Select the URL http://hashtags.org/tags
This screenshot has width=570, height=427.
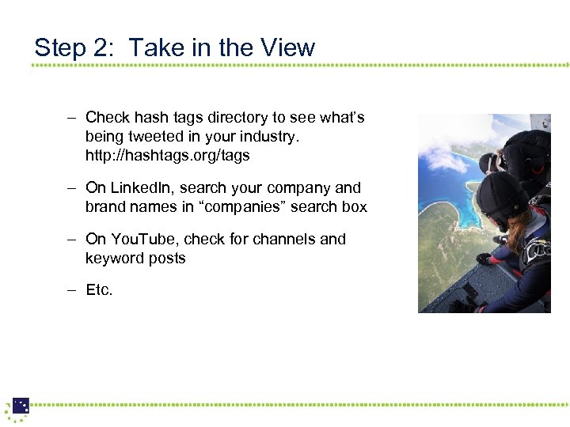coord(167,156)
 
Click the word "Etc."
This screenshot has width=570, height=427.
coord(99,290)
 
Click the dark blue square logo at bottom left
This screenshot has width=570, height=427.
coord(21,406)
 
